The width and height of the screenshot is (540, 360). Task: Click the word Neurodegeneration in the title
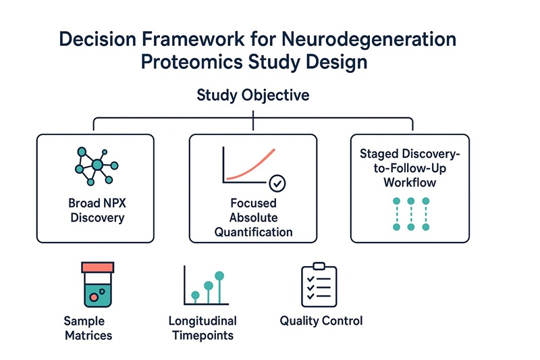click(x=369, y=40)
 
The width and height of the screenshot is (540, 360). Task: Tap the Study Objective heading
click(x=253, y=95)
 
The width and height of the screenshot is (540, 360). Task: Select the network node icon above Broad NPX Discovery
click(x=97, y=166)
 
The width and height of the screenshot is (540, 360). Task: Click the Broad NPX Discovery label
click(x=97, y=210)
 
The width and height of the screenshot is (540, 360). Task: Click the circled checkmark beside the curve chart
click(x=277, y=183)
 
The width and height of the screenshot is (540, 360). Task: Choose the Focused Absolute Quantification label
click(x=254, y=217)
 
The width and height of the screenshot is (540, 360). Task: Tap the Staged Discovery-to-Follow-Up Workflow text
click(x=410, y=168)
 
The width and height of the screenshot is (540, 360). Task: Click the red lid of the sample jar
click(x=98, y=267)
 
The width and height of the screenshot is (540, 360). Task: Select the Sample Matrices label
click(x=88, y=328)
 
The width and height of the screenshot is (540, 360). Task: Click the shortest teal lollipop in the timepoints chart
click(x=195, y=297)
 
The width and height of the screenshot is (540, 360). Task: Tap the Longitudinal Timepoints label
click(x=203, y=328)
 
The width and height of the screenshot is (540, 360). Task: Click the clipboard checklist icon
click(x=319, y=285)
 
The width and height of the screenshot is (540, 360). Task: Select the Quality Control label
click(x=321, y=321)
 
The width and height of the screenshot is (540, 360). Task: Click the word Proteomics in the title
click(x=192, y=62)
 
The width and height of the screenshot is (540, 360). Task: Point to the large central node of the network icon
click(x=97, y=165)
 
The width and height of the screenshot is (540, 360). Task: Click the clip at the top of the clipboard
click(x=319, y=266)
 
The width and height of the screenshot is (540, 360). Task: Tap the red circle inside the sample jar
click(x=93, y=297)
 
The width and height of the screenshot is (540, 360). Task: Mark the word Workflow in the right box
click(x=410, y=182)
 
